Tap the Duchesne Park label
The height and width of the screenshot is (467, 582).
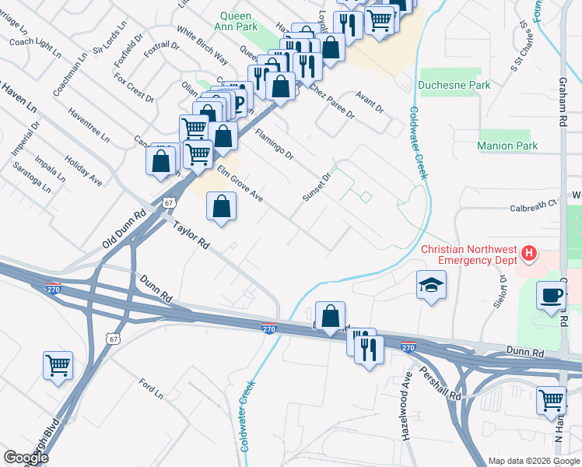(x=454, y=85)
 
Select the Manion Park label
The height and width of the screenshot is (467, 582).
(x=507, y=146)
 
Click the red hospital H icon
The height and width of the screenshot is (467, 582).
(x=529, y=253)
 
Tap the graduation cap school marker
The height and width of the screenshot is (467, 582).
(x=430, y=286)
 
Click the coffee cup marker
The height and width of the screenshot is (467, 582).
(x=552, y=296)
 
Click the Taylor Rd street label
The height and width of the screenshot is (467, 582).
(x=191, y=237)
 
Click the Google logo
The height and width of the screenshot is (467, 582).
(x=26, y=458)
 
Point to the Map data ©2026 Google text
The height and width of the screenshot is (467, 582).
(x=533, y=461)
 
